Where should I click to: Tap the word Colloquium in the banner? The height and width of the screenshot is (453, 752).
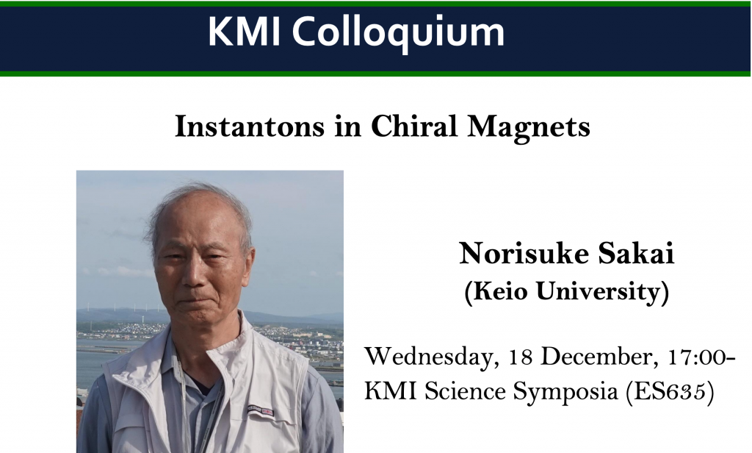(398, 34)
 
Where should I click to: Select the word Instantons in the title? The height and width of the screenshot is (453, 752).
(250, 126)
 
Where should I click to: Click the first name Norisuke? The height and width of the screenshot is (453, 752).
(523, 253)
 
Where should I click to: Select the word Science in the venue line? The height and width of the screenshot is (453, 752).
(465, 391)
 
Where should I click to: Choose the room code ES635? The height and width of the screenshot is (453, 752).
(670, 392)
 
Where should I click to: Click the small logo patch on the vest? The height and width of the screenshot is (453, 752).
(261, 411)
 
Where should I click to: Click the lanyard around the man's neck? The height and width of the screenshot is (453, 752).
(184, 404)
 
